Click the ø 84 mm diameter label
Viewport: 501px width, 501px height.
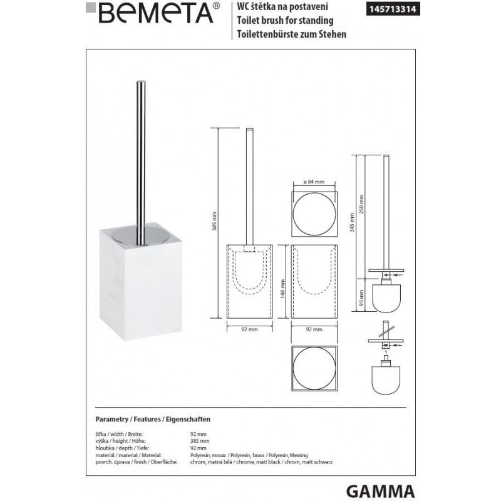(x=314, y=182)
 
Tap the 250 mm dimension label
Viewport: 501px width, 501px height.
(x=363, y=200)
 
